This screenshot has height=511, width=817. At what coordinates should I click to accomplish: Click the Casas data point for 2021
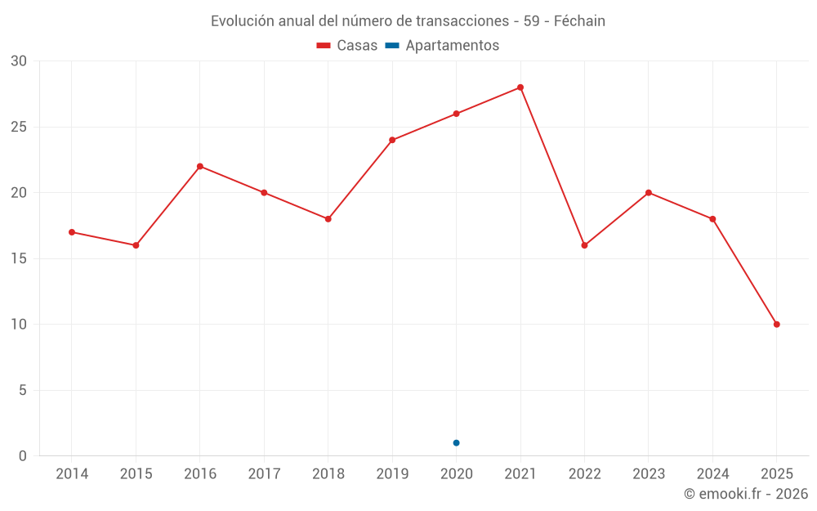pos(520,87)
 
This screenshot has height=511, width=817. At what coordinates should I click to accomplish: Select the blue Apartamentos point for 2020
pos(456,443)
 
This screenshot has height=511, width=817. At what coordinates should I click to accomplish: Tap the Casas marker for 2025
pos(777,325)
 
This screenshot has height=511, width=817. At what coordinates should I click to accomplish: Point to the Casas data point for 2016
pos(200,167)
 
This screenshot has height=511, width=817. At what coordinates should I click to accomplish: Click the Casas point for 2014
pos(72,232)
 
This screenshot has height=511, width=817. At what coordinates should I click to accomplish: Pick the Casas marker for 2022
pos(584,245)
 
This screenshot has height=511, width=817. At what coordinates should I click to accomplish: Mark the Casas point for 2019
pos(392,140)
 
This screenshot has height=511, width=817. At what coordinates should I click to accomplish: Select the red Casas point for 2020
pos(456,114)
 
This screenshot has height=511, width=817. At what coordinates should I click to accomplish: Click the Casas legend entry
pos(347,46)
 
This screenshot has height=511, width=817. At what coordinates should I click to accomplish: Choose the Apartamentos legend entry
pos(442,46)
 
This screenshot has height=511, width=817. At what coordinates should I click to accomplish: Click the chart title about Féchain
pos(408,21)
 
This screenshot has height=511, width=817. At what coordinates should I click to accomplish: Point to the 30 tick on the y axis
pos(19,61)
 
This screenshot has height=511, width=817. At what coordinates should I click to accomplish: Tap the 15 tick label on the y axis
pos(19,258)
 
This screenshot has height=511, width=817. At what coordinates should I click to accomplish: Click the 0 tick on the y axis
pos(23,456)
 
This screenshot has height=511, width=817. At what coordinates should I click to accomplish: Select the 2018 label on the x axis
pos(328,474)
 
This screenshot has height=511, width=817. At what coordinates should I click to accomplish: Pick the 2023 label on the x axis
pos(649,474)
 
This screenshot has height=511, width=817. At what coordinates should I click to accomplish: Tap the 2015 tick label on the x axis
pos(136,474)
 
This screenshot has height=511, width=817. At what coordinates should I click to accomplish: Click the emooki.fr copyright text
pos(745,494)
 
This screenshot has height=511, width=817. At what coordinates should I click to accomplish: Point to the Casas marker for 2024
pos(712,219)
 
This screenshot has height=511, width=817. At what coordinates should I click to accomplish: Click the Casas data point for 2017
pos(264,193)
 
